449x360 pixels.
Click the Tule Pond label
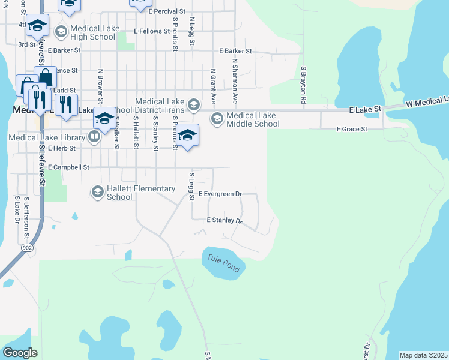click(223, 263)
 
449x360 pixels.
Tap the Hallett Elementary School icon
click(97, 192)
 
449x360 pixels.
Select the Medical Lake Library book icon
click(94, 137)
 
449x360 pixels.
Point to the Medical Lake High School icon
click(61, 32)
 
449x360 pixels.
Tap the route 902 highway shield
click(26, 247)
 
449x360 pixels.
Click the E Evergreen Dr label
click(220, 194)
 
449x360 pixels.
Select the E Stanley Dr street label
click(223, 221)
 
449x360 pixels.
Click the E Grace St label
click(351, 129)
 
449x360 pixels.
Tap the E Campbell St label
click(68, 167)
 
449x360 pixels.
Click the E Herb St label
click(62, 148)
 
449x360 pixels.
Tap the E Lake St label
click(365, 110)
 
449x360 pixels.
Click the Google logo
click(20, 353)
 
